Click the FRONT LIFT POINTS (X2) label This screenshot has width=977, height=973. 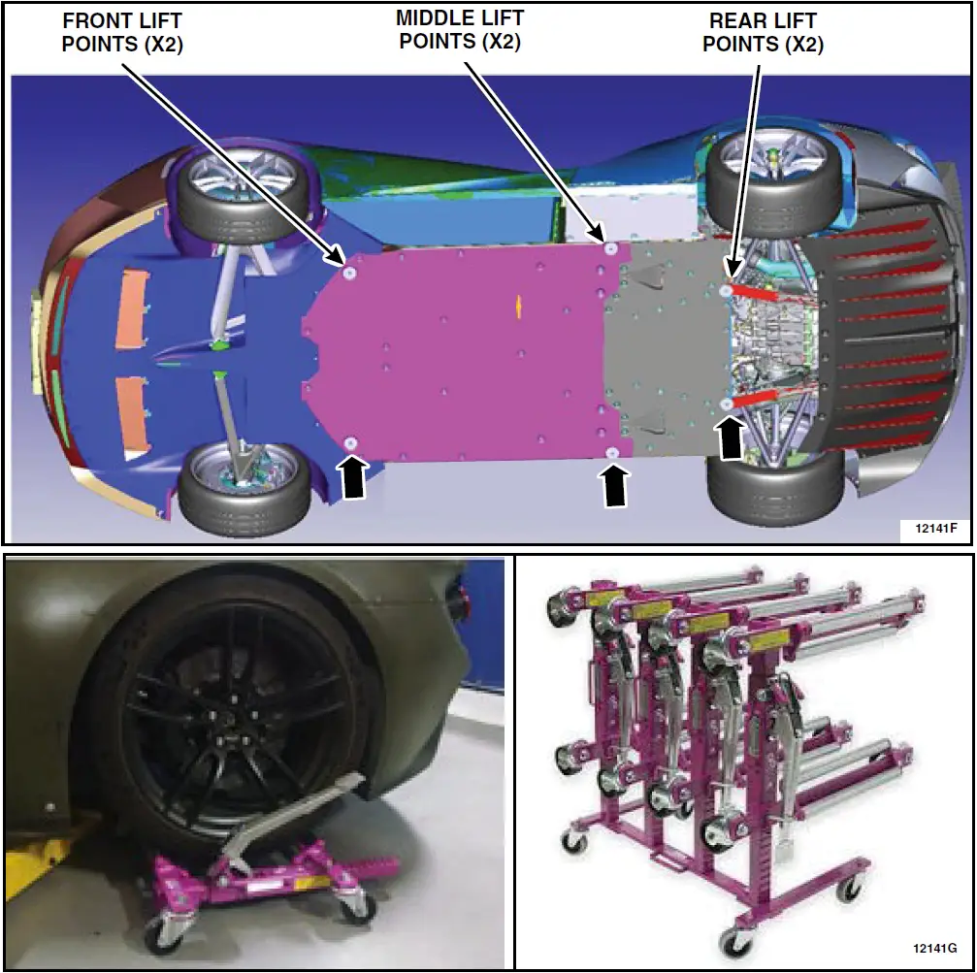[x=122, y=33]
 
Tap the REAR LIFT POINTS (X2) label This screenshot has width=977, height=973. [x=763, y=32]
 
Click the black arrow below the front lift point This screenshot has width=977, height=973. [x=353, y=478]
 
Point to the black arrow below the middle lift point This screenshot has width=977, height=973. [x=613, y=485]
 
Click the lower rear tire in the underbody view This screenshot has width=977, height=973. [x=774, y=485]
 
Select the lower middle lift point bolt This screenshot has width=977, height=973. [x=612, y=454]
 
